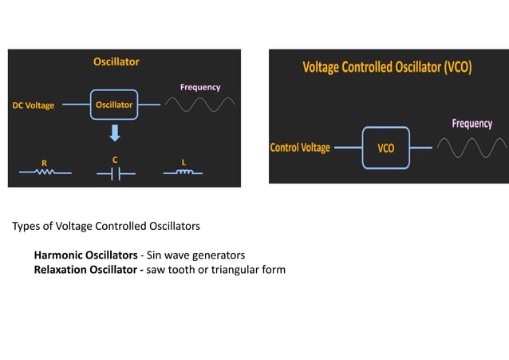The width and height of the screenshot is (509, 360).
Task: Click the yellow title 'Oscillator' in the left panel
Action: pyautogui.click(x=116, y=61)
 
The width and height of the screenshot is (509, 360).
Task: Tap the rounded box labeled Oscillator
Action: pyautogui.click(x=114, y=105)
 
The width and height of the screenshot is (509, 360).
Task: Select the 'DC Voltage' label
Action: pyautogui.click(x=34, y=105)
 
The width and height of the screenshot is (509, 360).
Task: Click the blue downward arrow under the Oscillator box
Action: pyautogui.click(x=114, y=132)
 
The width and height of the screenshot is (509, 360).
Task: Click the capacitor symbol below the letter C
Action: pyautogui.click(x=115, y=172)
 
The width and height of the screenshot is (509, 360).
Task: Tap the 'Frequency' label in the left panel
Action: pyautogui.click(x=200, y=87)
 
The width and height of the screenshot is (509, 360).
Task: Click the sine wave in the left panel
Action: pyautogui.click(x=200, y=105)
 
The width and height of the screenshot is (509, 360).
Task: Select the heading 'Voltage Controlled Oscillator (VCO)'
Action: pyautogui.click(x=387, y=68)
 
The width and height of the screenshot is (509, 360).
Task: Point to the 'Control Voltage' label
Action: pyautogui.click(x=300, y=148)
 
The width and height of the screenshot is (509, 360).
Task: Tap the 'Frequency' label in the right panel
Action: pyautogui.click(x=472, y=124)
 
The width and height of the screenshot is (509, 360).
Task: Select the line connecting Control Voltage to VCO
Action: pyautogui.click(x=348, y=148)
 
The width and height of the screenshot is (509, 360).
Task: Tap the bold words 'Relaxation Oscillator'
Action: pyautogui.click(x=85, y=270)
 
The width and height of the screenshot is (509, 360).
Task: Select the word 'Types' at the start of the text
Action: pyautogui.click(x=26, y=227)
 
